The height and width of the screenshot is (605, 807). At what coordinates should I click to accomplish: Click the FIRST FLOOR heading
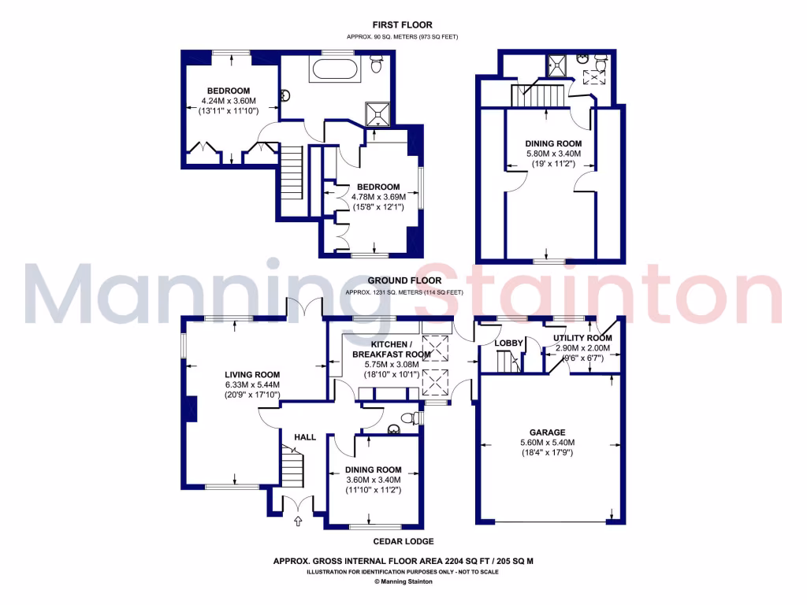pos(403,24)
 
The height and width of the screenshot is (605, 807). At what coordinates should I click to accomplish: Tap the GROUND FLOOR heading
pos(403,280)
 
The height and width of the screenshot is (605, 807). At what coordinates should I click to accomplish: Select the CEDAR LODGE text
pos(403,542)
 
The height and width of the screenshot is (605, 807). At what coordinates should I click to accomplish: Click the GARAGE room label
pos(547,432)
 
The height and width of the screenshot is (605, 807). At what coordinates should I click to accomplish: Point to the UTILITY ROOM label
pos(582,338)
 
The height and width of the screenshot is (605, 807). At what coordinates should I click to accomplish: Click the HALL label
pos(305,437)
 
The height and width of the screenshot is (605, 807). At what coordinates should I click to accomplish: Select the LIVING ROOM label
pos(252,374)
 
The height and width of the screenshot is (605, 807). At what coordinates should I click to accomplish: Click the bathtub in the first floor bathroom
pos(336,69)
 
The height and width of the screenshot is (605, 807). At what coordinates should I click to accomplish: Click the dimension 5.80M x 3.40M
pos(552,154)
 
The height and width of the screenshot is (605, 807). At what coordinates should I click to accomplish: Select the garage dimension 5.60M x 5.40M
pos(547,443)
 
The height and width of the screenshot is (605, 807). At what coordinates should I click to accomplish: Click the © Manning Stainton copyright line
pos(403,582)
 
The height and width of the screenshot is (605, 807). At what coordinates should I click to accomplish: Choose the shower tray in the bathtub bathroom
pos(381,114)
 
